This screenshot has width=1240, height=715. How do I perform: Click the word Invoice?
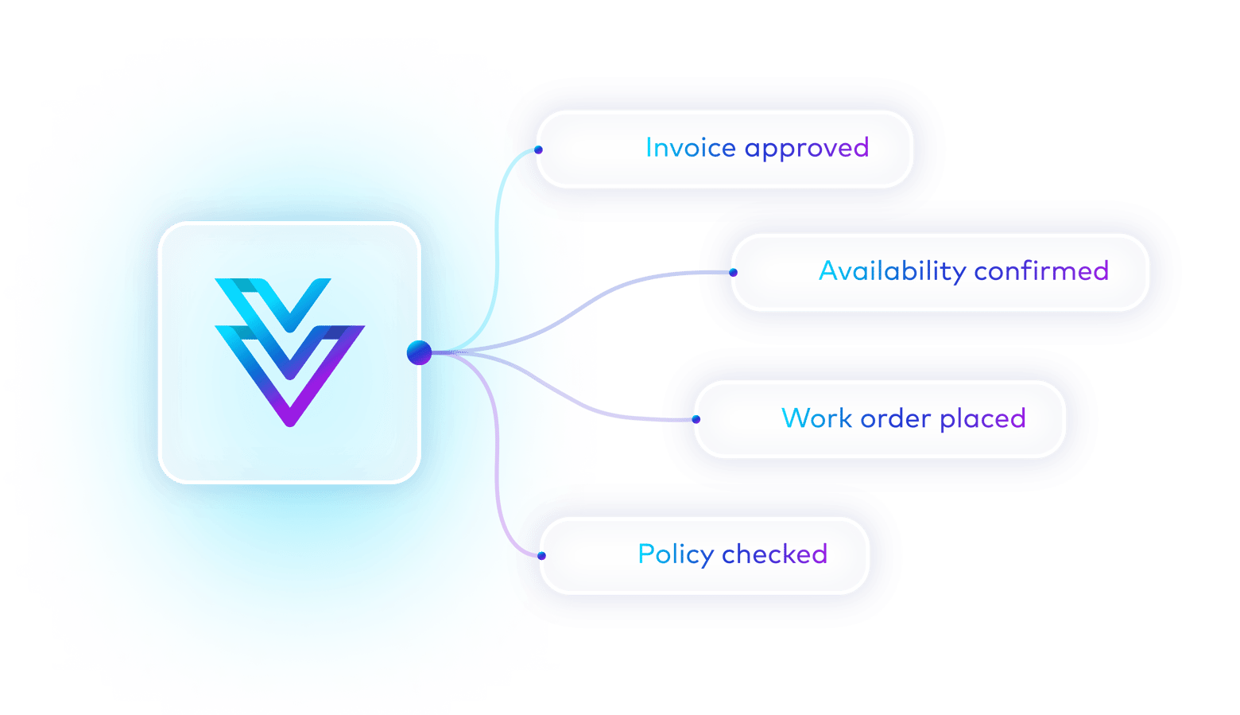tap(690, 148)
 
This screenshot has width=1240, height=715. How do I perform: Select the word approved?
tap(807, 149)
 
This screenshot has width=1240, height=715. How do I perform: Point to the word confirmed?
tap(1041, 271)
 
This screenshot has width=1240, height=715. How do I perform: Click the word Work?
tap(816, 418)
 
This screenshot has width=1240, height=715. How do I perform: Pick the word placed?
tap(982, 419)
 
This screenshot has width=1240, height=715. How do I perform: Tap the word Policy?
tap(676, 554)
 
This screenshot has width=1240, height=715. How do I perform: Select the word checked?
tap(775, 554)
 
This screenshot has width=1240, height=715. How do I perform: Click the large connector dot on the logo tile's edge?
tap(419, 352)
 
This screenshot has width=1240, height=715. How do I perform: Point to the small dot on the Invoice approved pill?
tap(538, 150)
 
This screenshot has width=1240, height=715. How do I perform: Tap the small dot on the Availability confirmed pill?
tap(733, 272)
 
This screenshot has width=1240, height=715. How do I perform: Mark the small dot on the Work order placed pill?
tap(696, 419)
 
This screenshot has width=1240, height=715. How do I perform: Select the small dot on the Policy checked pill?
tap(541, 555)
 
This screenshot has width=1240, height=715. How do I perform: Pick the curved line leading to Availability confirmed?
tap(604, 294)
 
